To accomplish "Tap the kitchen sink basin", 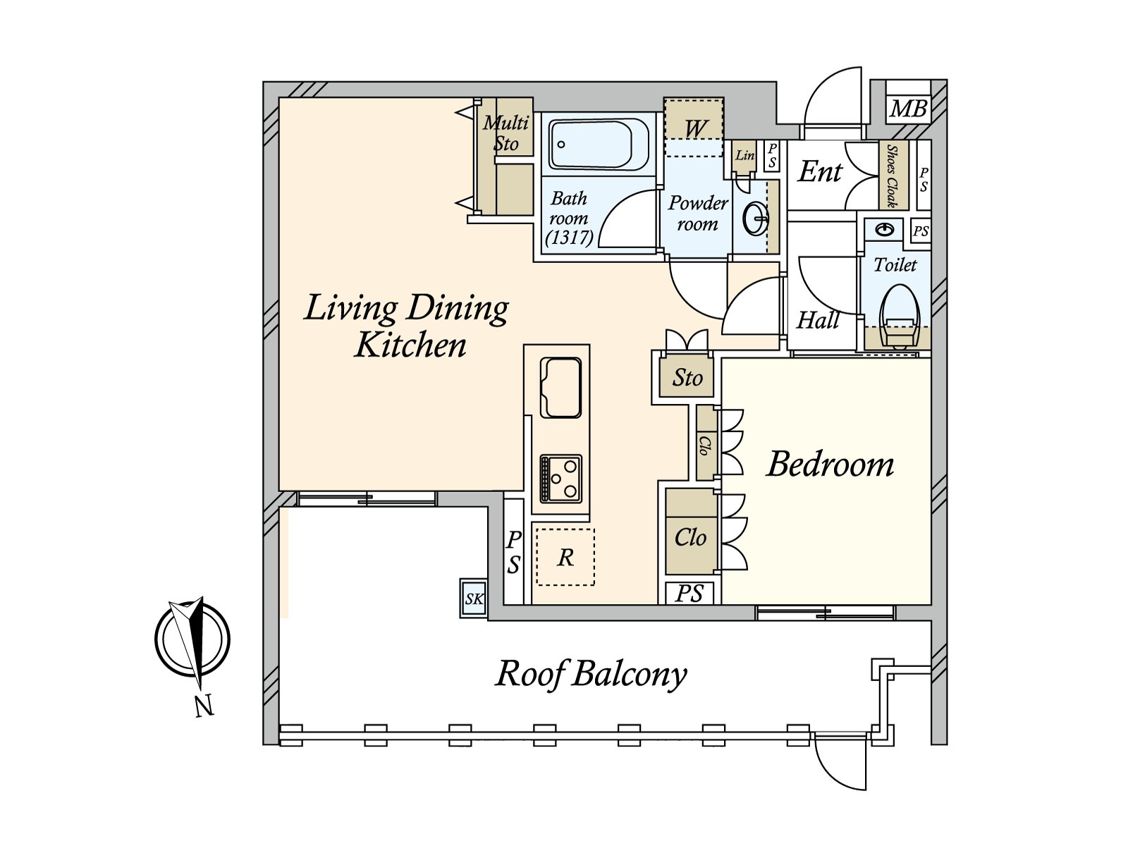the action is click(x=560, y=388).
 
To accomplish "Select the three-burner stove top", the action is click(x=560, y=478).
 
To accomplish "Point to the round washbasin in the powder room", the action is click(x=755, y=219).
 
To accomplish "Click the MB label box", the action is click(x=908, y=109).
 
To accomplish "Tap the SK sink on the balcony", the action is click(x=474, y=599).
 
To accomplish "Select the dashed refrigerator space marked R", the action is click(x=565, y=557).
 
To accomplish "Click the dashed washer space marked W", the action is click(x=694, y=127).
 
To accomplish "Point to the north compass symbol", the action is click(x=192, y=640).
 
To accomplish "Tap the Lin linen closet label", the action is click(x=744, y=154).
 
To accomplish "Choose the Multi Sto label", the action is click(x=505, y=133).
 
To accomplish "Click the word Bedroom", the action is click(x=830, y=465).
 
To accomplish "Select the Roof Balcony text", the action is click(x=591, y=674).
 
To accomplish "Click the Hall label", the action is click(x=818, y=321).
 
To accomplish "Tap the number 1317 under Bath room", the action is click(x=569, y=238).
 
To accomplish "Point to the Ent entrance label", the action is click(x=820, y=171).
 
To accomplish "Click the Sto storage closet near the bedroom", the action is click(x=687, y=378).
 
